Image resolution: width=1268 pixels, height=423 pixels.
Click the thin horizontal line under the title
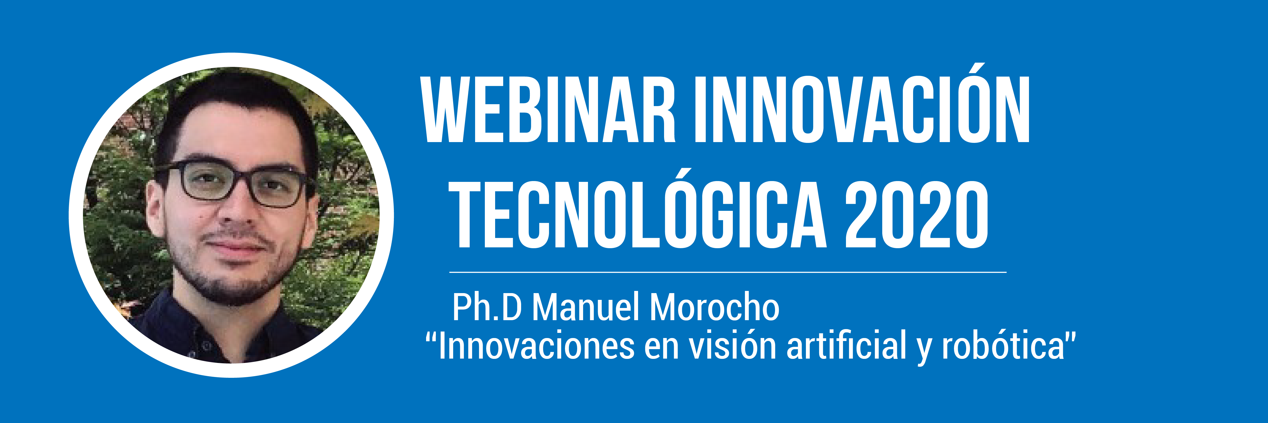point(727,271)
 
